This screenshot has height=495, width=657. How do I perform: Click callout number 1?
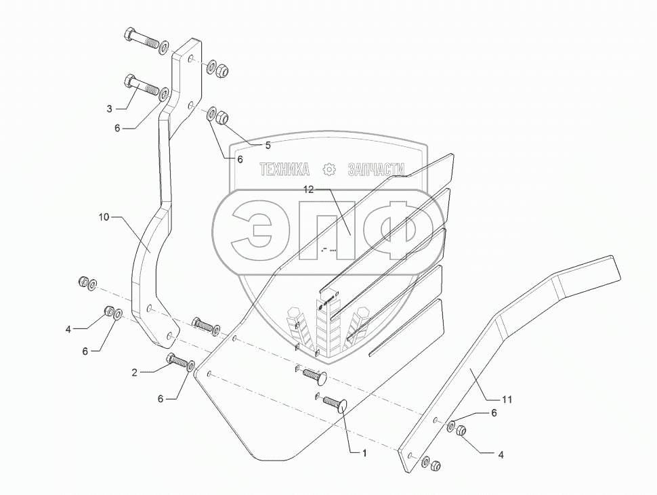(x=365, y=453)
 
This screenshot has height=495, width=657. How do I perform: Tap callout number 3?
(x=109, y=108)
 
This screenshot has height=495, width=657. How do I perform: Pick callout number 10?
(x=104, y=217)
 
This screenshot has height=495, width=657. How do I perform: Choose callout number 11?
(x=507, y=400)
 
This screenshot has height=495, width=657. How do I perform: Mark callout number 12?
(x=308, y=190)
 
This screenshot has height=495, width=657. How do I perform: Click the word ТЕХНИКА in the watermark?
(x=285, y=169)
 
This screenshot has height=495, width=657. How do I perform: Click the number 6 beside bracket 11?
(x=494, y=413)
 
